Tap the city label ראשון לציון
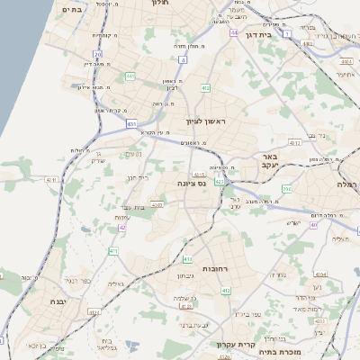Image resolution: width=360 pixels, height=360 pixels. pyautogui.click(x=207, y=120)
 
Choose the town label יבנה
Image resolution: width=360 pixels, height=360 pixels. pyautogui.click(x=52, y=301)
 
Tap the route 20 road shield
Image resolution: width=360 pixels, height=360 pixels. pyautogui.click(x=97, y=54)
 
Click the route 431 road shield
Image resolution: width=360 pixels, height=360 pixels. pyautogui.click(x=132, y=123)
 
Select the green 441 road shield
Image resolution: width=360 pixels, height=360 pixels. pyautogui.click(x=130, y=76)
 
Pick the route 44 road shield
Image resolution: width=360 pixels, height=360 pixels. pyautogui.click(x=233, y=32)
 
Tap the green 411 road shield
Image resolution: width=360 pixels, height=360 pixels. pyautogui.click(x=226, y=290)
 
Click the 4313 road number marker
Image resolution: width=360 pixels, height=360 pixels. pyautogui.click(x=294, y=142)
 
